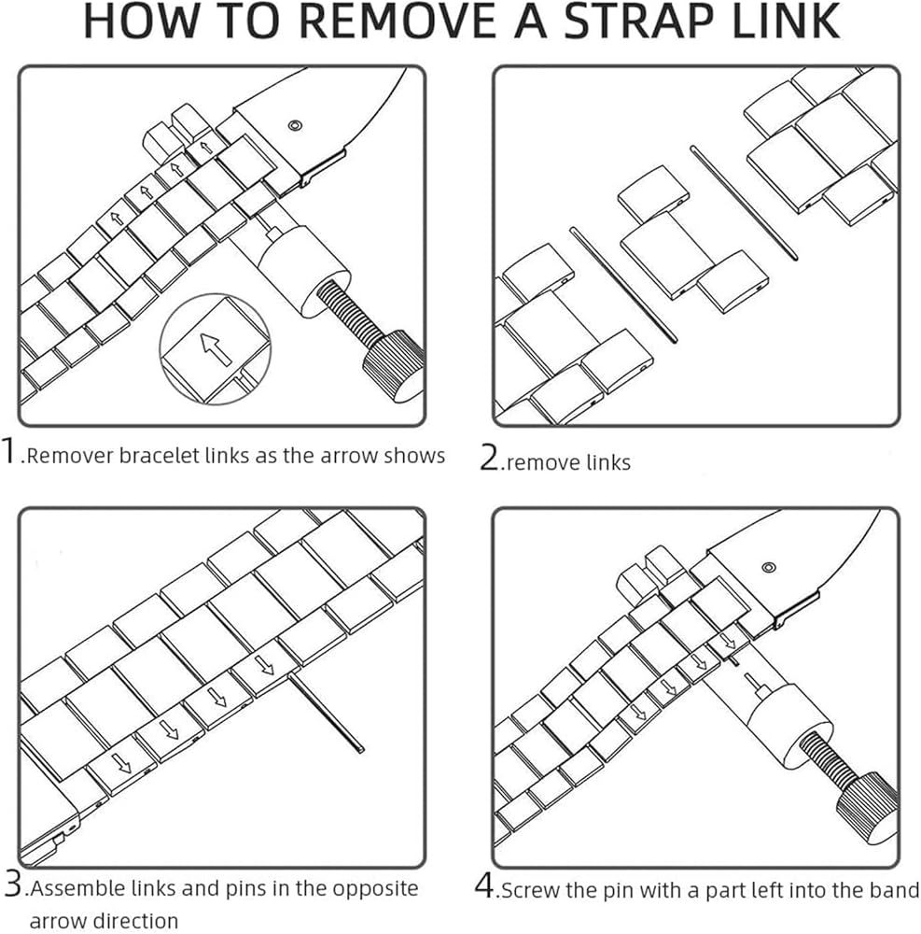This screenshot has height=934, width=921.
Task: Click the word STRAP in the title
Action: click(x=637, y=21)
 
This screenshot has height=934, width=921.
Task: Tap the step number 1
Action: click(x=8, y=450)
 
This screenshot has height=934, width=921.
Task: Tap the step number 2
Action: click(x=490, y=458)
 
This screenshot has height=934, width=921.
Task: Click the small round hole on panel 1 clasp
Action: click(x=295, y=126)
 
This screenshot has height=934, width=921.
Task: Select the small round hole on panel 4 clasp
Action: click(x=769, y=567)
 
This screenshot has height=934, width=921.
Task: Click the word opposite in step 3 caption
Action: click(x=375, y=889)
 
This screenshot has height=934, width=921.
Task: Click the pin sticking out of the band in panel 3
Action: click(x=327, y=714)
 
